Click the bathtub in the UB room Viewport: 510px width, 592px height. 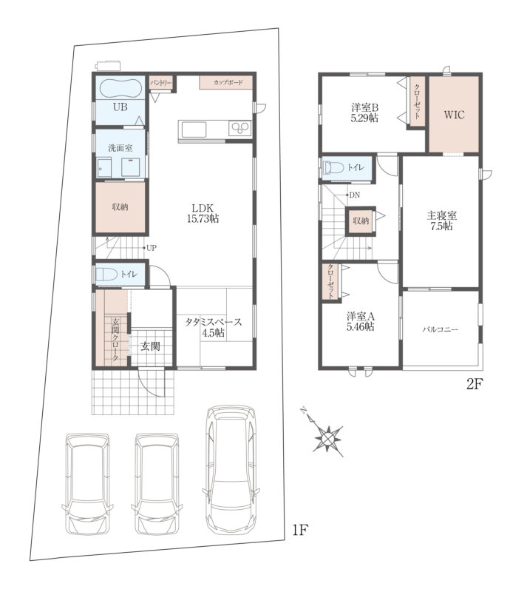click(120, 88)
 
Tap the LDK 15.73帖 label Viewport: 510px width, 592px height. click(203, 213)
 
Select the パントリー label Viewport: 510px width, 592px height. click(161, 83)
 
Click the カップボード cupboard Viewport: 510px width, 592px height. click(226, 83)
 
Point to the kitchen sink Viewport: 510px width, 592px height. click(194, 129)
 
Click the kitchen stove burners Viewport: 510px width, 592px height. click(240, 129)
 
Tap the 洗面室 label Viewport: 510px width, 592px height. click(120, 148)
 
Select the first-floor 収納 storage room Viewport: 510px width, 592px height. click(120, 207)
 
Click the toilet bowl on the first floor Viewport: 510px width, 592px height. click(106, 274)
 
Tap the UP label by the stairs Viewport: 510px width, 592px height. click(152, 248)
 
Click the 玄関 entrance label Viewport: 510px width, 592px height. click(150, 346)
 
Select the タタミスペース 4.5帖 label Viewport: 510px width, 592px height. click(213, 327)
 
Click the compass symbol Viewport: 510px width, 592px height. click(327, 437)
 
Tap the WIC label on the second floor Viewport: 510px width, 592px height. click(454, 115)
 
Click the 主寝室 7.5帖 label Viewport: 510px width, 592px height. click(441, 221)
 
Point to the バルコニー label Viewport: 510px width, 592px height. click(440, 329)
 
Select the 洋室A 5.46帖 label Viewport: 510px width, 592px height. click(361, 321)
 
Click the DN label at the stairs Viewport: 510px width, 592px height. click(354, 195)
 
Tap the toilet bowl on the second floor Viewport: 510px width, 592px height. click(333, 167)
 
